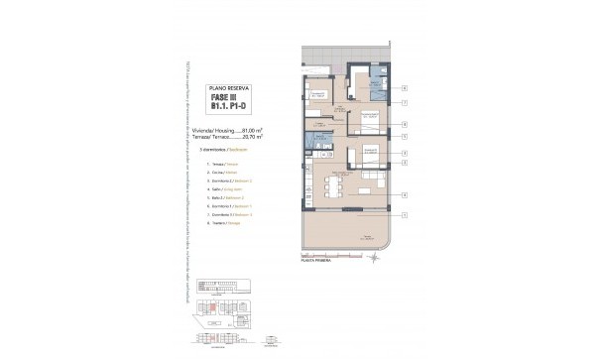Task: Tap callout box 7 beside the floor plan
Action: [405, 103]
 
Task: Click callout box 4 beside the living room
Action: [405, 194]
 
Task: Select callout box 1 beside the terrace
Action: [405, 214]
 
